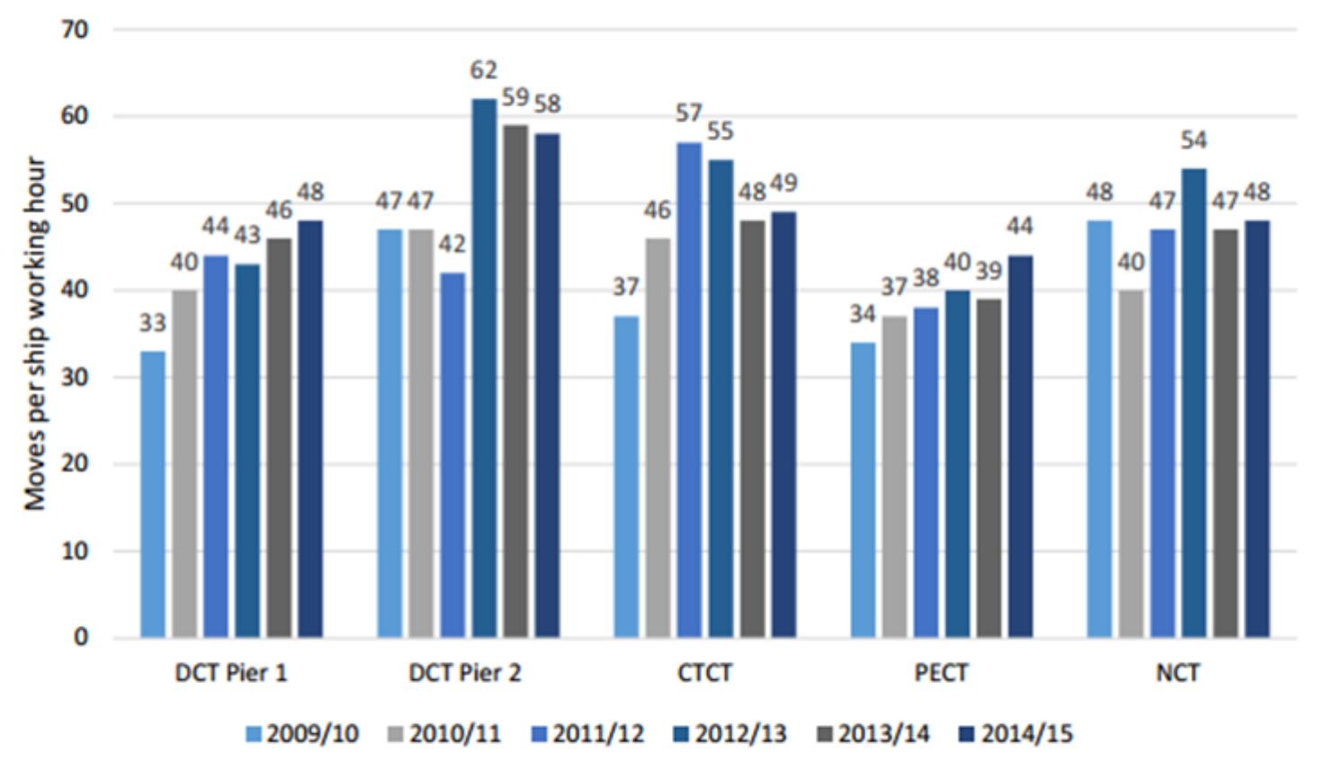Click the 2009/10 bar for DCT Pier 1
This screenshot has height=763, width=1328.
(x=153, y=495)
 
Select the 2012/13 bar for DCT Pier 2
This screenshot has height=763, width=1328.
(x=485, y=368)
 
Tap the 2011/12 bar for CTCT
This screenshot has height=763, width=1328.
(x=689, y=390)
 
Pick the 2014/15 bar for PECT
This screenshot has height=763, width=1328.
(x=1020, y=446)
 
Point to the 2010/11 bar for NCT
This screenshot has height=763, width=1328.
(x=1132, y=464)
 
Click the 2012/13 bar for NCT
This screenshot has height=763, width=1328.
(x=1194, y=403)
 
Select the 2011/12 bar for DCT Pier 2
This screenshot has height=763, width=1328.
(x=453, y=455)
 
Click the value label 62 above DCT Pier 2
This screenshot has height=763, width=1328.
(x=484, y=70)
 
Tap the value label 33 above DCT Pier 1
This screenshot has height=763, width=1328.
(x=152, y=323)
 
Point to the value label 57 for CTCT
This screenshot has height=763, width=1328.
(x=689, y=113)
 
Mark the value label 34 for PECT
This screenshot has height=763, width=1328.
(x=863, y=314)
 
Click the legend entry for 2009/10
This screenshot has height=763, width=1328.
(x=302, y=734)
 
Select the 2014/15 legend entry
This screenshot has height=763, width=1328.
(x=1016, y=734)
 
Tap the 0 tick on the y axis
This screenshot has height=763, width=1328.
(x=81, y=638)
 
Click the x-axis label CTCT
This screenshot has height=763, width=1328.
(x=704, y=674)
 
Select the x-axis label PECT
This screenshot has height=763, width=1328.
(x=941, y=674)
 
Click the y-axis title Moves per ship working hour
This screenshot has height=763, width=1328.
(x=35, y=334)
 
